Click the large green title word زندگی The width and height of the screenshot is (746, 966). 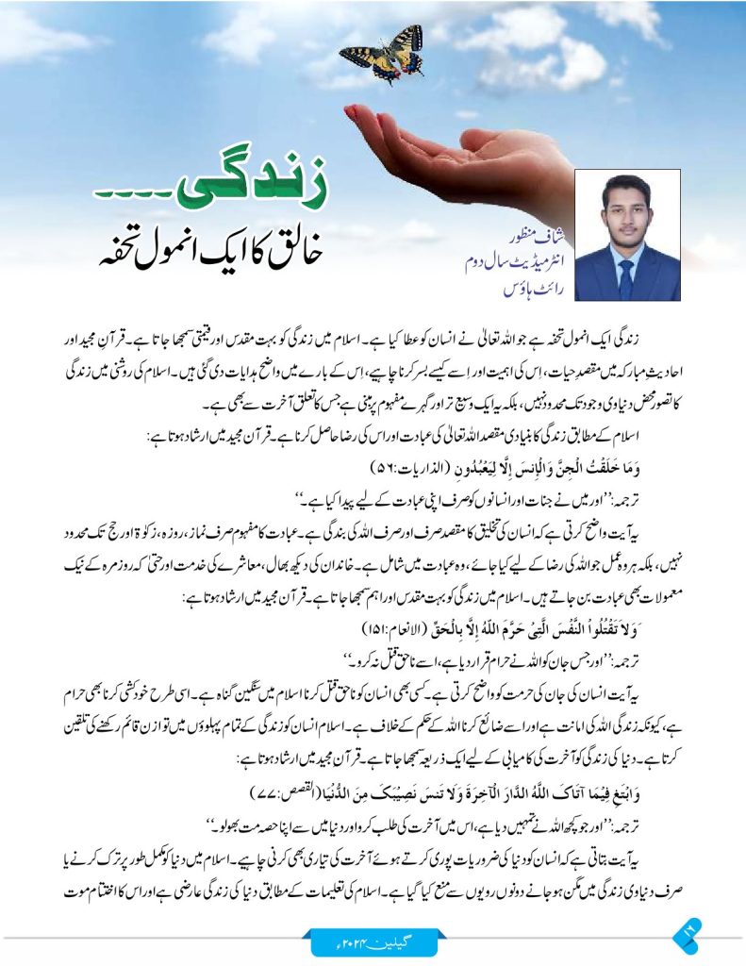[x=264, y=190]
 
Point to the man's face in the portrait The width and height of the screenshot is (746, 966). [x=625, y=212]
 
